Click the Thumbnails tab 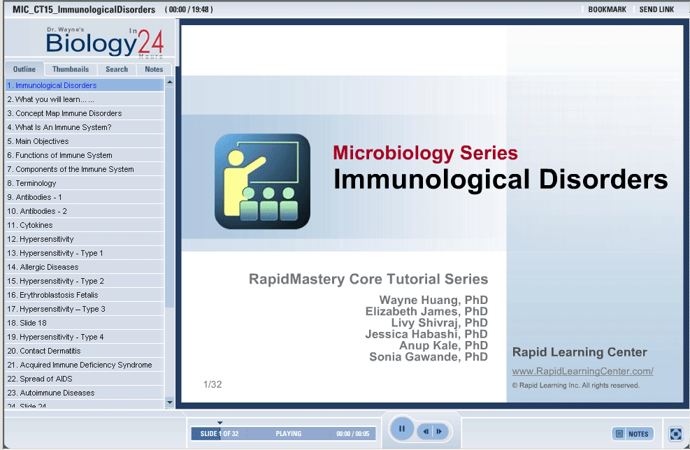point(71,69)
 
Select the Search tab point(117,69)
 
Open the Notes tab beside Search point(154,69)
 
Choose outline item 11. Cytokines point(30,225)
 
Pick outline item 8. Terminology point(31,183)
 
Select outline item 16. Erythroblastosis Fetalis point(52,295)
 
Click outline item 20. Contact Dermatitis point(44,351)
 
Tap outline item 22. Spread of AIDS point(40,379)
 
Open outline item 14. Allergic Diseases point(43,267)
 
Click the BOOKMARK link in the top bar point(607,9)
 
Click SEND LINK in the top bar point(656,9)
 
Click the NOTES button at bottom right point(633,434)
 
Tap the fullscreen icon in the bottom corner point(675,434)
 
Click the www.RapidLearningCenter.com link point(582,371)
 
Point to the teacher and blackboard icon point(262,181)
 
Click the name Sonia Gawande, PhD point(428,357)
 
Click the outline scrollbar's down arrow point(170,402)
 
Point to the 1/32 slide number point(213,384)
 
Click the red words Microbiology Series point(425,153)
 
